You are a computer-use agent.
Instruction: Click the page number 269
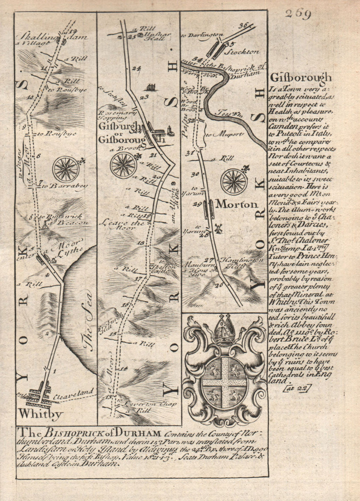pos(298,15)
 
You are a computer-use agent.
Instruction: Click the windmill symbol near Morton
pos(217,228)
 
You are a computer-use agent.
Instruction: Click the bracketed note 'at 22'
pos(298,387)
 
